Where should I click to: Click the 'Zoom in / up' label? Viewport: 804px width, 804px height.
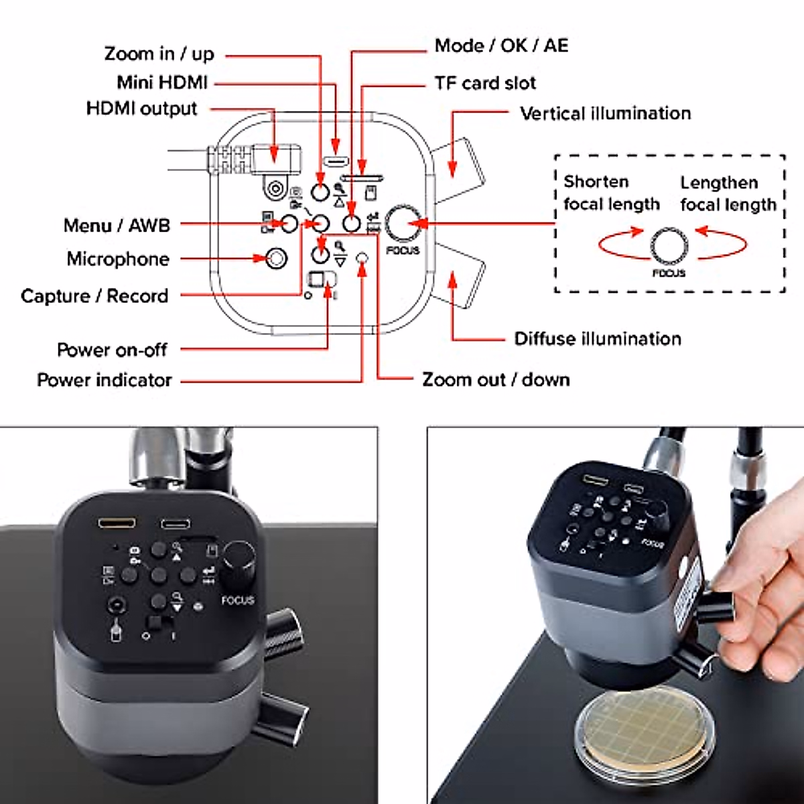tap(159, 54)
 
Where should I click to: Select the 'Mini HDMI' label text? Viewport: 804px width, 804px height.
tap(161, 82)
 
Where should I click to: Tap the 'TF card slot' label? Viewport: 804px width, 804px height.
tap(484, 83)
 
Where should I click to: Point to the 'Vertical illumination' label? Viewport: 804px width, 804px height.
tap(605, 113)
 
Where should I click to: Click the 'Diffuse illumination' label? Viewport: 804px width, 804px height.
tap(597, 338)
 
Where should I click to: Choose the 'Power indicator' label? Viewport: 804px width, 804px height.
tap(104, 380)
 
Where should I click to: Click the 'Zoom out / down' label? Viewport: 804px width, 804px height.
tap(496, 379)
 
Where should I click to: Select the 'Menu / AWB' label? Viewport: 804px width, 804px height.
tap(117, 225)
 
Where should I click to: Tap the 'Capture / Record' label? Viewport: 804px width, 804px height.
tap(94, 295)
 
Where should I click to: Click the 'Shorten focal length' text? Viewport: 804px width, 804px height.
tap(611, 193)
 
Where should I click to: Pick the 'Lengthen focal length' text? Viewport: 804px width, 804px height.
tap(728, 194)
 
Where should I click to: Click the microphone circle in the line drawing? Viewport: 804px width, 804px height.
tap(275, 258)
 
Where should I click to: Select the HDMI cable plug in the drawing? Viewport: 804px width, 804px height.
tap(275, 156)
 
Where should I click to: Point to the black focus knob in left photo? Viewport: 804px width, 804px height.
tap(239, 558)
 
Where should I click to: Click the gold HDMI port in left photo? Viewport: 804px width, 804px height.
tap(117, 522)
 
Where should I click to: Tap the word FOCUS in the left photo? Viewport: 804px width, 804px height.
tap(238, 600)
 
